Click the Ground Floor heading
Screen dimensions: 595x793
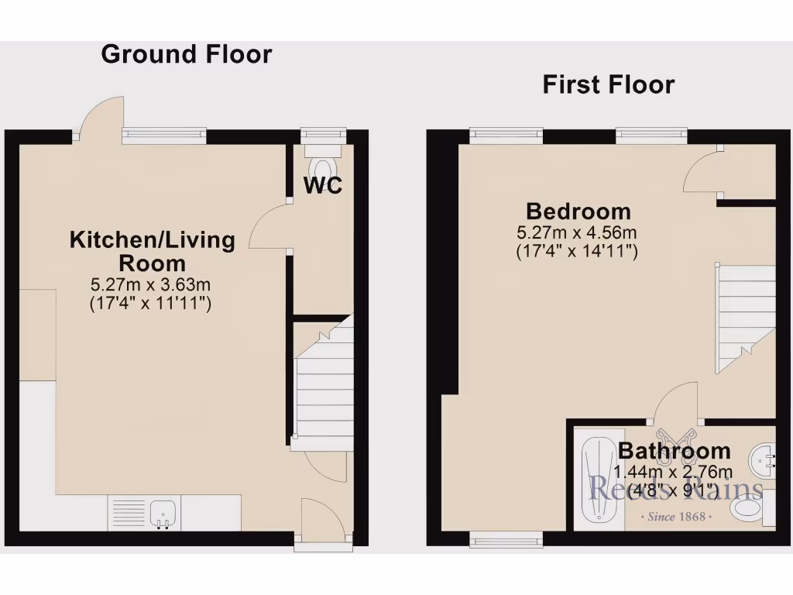click(x=187, y=54)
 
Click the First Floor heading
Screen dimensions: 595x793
click(x=608, y=84)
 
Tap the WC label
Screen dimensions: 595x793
click(x=323, y=186)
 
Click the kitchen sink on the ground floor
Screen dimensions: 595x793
click(x=163, y=513)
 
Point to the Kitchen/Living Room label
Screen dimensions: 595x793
click(x=153, y=250)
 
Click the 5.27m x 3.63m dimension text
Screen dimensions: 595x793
click(x=152, y=284)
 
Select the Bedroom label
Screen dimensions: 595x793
click(x=578, y=211)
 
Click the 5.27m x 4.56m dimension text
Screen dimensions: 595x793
click(x=577, y=232)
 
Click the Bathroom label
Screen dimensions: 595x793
click(x=674, y=450)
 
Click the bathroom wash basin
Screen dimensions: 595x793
click(x=762, y=460)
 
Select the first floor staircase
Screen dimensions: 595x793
click(x=745, y=318)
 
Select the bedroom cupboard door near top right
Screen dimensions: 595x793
click(x=703, y=172)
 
